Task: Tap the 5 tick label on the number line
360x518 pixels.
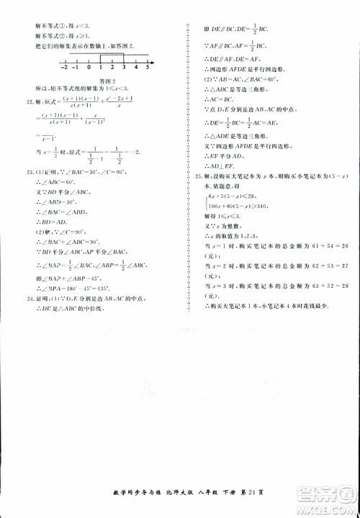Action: pyautogui.click(x=147, y=67)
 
